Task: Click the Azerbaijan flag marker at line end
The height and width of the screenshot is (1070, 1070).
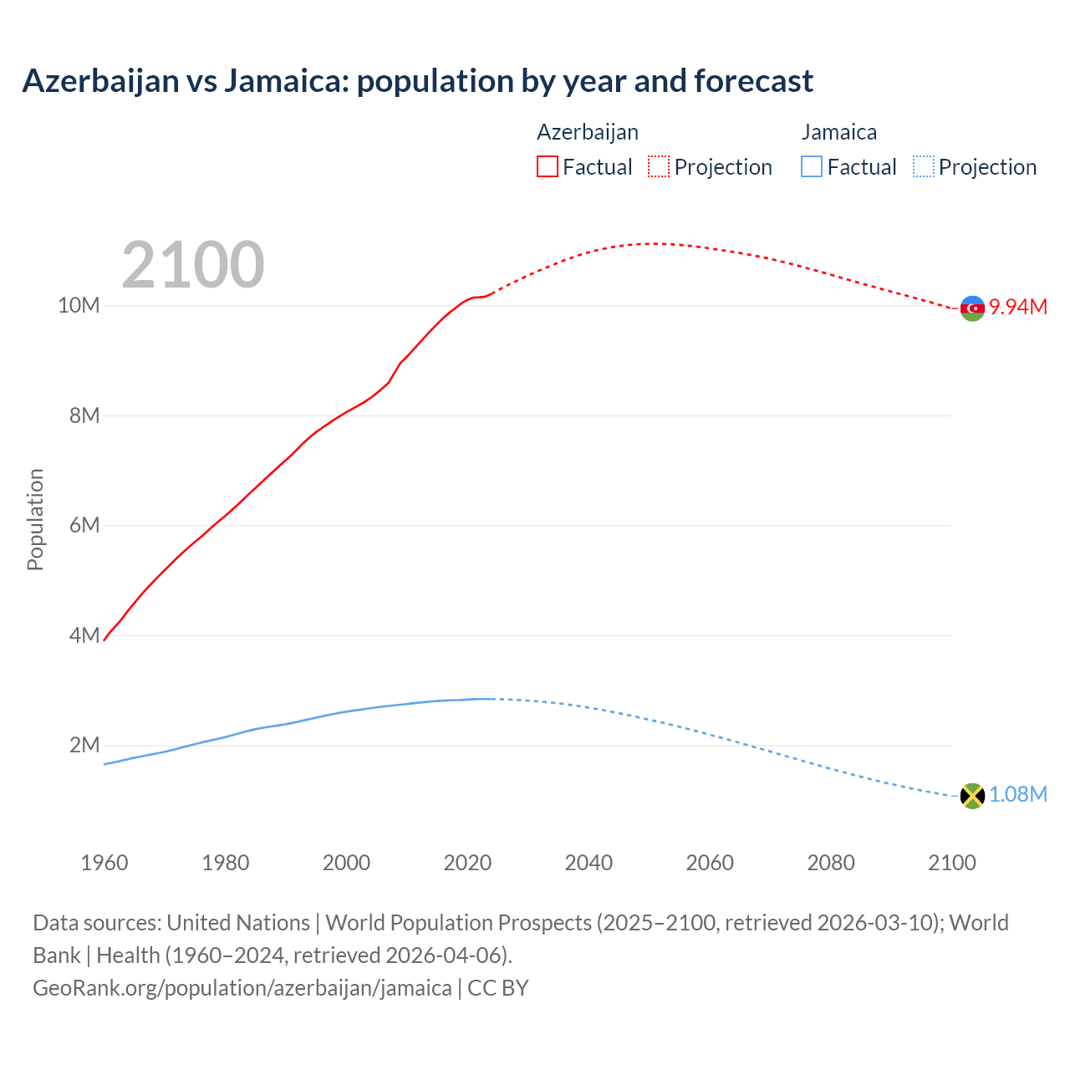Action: [972, 308]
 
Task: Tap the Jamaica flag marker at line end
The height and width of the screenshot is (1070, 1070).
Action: [972, 796]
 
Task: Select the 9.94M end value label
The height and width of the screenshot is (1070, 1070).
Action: [1018, 308]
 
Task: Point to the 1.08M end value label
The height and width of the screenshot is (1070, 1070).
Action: [1018, 795]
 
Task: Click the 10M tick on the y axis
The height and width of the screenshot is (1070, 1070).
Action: [79, 306]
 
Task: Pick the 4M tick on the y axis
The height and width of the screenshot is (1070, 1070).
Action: [84, 636]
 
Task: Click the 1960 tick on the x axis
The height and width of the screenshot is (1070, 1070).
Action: [104, 863]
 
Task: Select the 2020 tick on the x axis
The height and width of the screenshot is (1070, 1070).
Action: [467, 863]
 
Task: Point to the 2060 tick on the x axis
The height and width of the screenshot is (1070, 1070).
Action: [710, 863]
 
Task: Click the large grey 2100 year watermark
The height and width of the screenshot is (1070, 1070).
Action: [193, 265]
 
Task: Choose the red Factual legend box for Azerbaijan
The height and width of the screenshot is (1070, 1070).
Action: [548, 167]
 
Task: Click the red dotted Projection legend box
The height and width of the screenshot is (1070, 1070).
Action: [659, 167]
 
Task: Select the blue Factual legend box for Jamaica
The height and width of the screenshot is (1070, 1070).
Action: [812, 167]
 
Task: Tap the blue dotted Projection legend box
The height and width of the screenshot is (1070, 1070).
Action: [924, 167]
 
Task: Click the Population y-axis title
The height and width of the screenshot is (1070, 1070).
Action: [35, 519]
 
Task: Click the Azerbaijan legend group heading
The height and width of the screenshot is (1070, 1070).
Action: [588, 132]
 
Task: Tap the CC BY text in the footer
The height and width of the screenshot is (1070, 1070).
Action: [498, 988]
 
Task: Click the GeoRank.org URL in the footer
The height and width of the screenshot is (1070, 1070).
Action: [242, 988]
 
